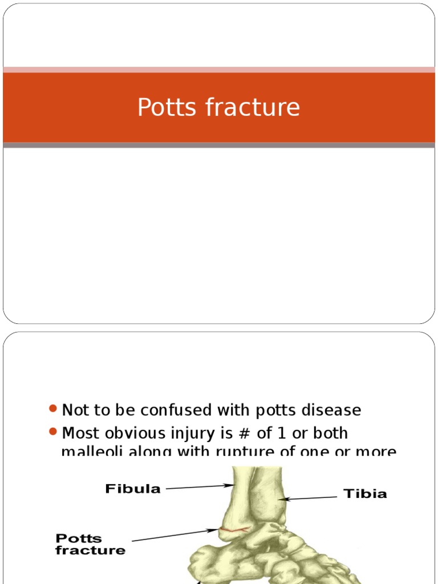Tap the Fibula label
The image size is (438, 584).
click(133, 489)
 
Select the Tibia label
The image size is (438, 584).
click(365, 493)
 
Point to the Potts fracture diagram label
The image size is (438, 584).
click(90, 544)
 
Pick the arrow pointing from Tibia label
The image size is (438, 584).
click(311, 498)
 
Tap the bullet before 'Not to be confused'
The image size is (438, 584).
click(54, 409)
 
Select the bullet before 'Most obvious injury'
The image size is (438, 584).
click(54, 432)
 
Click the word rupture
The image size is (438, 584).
click(244, 452)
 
